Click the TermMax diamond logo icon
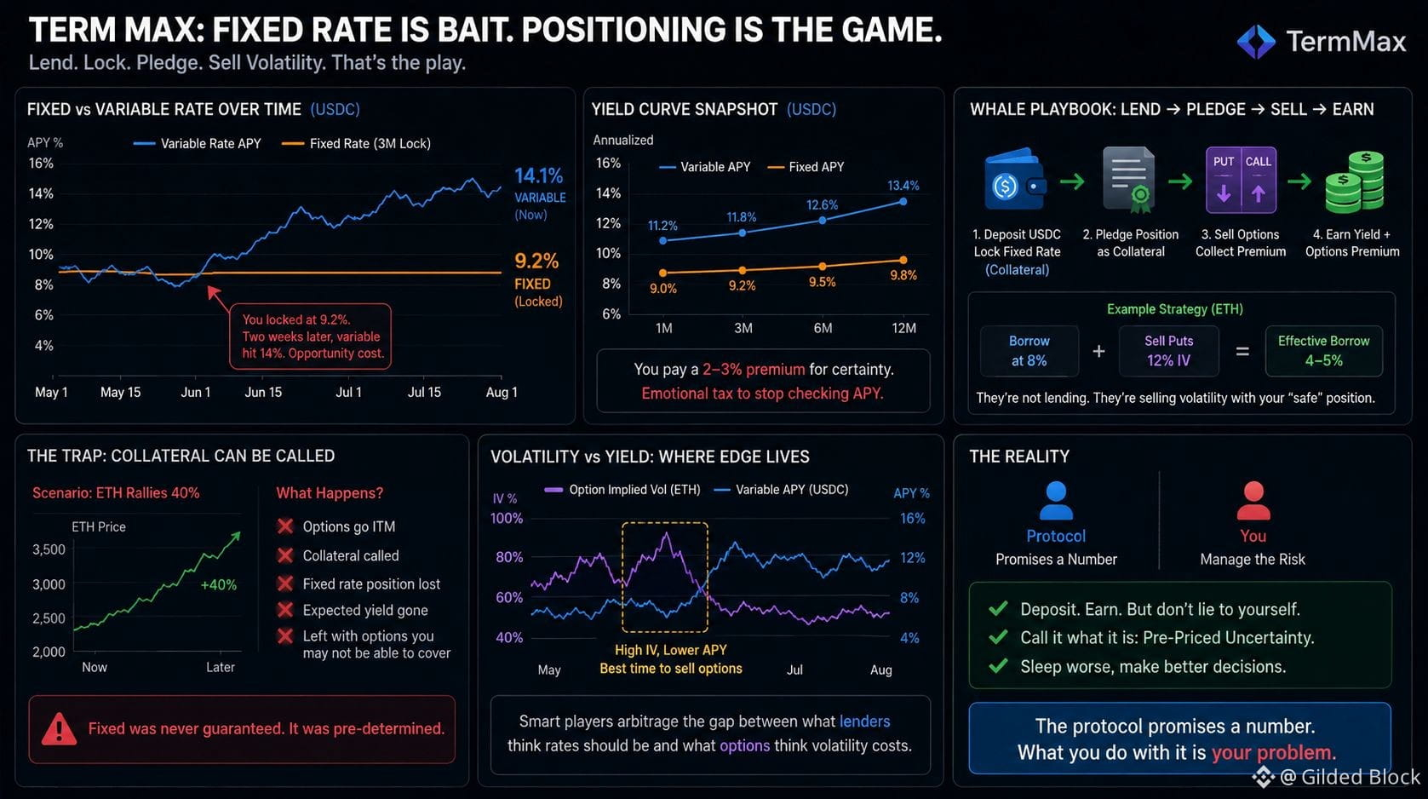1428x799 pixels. (1256, 42)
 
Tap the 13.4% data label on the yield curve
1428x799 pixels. (903, 186)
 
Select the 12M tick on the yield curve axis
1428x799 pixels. (903, 328)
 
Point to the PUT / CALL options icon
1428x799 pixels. (1241, 180)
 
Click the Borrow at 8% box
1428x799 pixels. (1029, 351)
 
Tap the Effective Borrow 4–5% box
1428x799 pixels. (1323, 351)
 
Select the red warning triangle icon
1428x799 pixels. (59, 729)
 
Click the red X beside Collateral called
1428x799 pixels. (285, 555)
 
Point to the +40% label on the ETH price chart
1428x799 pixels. (218, 584)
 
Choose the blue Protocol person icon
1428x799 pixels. (1056, 501)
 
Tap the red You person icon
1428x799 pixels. (1253, 501)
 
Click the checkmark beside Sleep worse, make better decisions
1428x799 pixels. (998, 666)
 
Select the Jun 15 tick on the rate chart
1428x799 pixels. (263, 392)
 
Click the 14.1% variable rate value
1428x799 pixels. (539, 175)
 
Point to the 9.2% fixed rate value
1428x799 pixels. (536, 261)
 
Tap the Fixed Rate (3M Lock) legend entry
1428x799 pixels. (356, 143)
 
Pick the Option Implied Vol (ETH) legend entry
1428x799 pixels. (622, 490)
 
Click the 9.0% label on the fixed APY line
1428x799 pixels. (663, 289)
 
